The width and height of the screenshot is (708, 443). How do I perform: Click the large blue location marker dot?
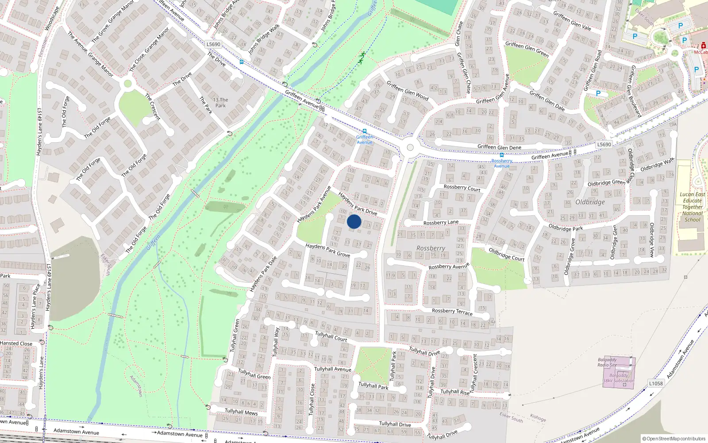(354, 221)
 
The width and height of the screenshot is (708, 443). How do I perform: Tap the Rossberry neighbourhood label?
(431, 249)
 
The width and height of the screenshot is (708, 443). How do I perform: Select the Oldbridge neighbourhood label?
(590, 202)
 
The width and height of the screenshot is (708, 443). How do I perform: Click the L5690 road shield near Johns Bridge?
(213, 44)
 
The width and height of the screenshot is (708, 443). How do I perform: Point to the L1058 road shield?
(656, 383)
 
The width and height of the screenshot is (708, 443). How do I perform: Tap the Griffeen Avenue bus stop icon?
(364, 131)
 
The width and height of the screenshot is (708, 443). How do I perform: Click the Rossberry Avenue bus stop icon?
(501, 155)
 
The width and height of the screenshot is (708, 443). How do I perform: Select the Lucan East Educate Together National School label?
(693, 207)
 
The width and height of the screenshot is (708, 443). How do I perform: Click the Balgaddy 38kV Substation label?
(619, 378)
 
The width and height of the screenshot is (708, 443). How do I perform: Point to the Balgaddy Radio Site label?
(607, 362)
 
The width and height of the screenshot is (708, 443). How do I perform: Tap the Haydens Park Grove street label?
(327, 250)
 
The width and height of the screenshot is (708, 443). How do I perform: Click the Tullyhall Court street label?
(331, 336)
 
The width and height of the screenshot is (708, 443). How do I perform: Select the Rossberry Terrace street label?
(452, 312)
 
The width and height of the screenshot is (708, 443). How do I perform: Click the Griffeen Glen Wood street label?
(408, 90)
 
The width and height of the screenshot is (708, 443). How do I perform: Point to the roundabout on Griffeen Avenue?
(410, 148)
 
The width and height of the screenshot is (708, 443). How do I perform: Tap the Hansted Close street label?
(16, 343)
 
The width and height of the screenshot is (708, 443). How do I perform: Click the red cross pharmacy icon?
(703, 45)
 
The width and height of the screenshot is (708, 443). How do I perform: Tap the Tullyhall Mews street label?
(241, 412)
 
